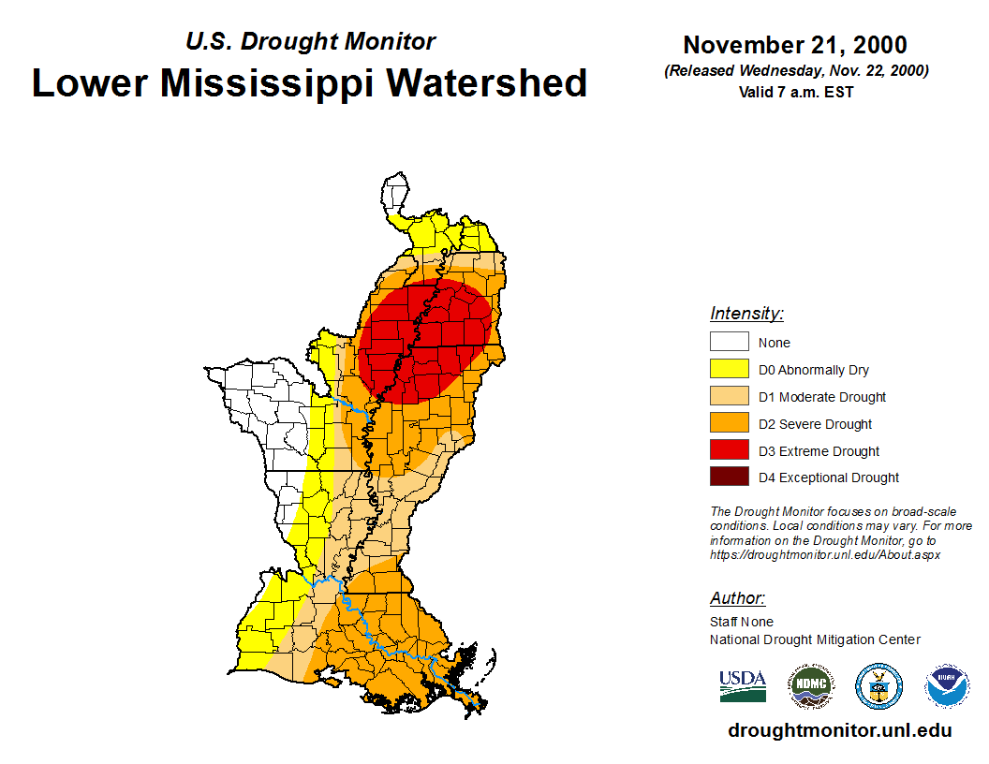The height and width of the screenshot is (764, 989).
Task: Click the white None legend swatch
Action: click(729, 342)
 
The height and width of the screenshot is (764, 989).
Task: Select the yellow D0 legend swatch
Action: click(729, 369)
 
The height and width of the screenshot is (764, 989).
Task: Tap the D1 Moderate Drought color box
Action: click(729, 396)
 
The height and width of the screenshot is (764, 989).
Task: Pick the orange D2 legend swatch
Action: click(729, 423)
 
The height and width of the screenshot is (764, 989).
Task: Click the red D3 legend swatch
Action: click(729, 450)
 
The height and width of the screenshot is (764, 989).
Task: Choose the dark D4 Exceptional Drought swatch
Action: click(729, 477)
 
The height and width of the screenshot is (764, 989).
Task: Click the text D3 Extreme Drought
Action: click(819, 451)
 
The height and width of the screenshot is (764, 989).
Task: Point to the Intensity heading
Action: click(746, 314)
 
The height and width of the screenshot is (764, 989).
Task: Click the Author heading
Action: click(737, 598)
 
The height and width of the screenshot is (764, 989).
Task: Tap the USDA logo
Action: click(743, 685)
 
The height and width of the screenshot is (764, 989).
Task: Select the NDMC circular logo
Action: click(810, 686)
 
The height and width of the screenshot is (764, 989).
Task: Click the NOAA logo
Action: click(947, 686)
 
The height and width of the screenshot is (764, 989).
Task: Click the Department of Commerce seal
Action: click(878, 686)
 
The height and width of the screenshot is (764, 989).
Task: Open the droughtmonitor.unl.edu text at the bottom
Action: click(839, 730)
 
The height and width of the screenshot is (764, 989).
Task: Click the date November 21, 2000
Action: click(795, 45)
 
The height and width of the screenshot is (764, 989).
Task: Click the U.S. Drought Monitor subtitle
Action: click(310, 42)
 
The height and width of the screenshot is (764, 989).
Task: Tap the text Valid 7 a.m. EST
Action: click(795, 92)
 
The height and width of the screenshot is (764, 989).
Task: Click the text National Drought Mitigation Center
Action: click(815, 639)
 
